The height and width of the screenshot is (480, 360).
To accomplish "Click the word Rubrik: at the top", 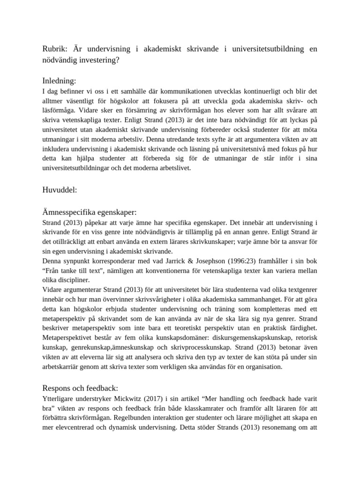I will pos(54,49).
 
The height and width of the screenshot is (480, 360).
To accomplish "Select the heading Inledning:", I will pos(59,81).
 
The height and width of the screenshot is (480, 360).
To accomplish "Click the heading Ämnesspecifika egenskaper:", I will pos(89,212).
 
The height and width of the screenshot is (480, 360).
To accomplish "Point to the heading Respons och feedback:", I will pos(80,388).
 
